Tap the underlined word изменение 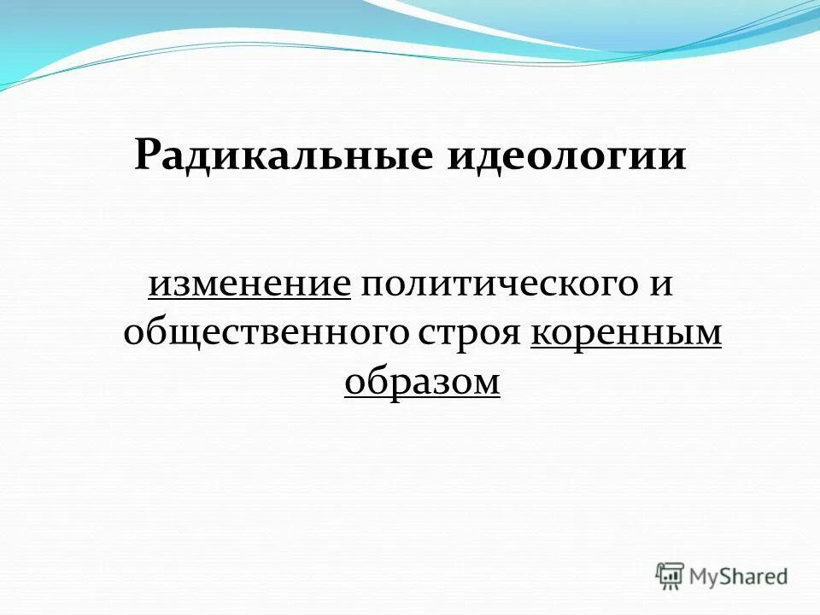pyautogui.click(x=249, y=284)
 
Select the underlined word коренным pyautogui.click(x=626, y=333)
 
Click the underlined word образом pyautogui.click(x=422, y=381)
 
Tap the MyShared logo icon pyautogui.click(x=670, y=576)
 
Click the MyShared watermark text pyautogui.click(x=739, y=577)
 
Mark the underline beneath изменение pyautogui.click(x=249, y=300)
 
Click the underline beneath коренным pyautogui.click(x=626, y=348)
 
